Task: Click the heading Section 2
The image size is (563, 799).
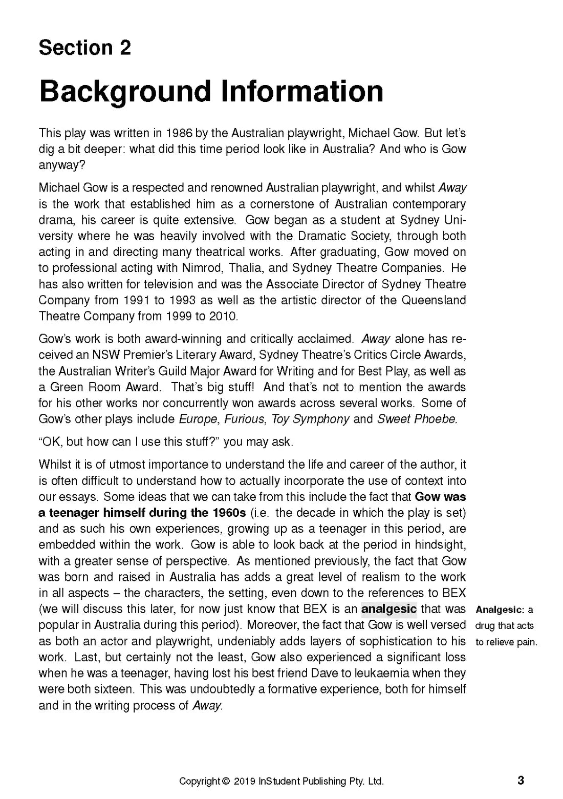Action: pos(85,48)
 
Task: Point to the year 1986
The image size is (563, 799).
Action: pos(179,134)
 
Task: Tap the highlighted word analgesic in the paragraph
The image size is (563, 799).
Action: pos(389,609)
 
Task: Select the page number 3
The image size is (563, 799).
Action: pos(521,781)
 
